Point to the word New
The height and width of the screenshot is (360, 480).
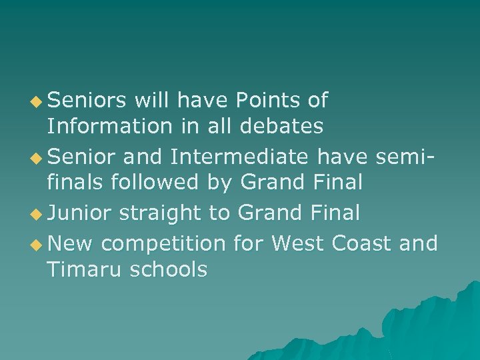tap(71, 244)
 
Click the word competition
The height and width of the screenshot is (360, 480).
tap(163, 245)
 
